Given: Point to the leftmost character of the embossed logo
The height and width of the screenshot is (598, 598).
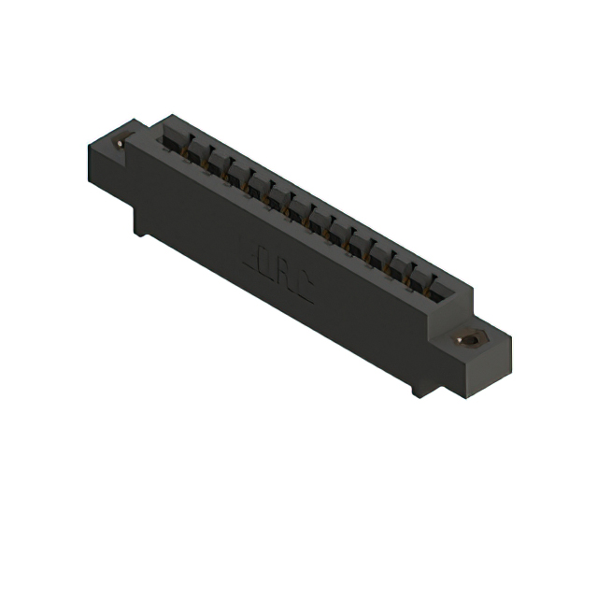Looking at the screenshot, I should (253, 253).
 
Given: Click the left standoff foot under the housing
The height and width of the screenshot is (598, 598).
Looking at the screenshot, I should (139, 224).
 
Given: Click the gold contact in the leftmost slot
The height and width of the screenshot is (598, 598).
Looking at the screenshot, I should (178, 149).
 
